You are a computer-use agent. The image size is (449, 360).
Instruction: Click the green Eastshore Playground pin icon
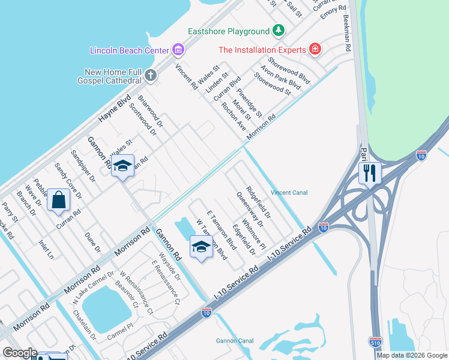[278, 31]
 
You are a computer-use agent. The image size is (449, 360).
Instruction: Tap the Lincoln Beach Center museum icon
[177, 49]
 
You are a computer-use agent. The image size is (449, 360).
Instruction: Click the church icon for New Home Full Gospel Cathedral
[150, 76]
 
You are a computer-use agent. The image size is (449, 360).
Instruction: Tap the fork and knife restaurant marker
[370, 174]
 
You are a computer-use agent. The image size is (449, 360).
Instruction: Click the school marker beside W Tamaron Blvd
[201, 247]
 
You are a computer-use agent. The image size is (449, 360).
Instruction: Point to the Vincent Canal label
[289, 193]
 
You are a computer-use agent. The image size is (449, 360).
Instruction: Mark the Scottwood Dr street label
[146, 117]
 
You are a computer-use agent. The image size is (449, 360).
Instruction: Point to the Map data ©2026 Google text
[412, 355]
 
